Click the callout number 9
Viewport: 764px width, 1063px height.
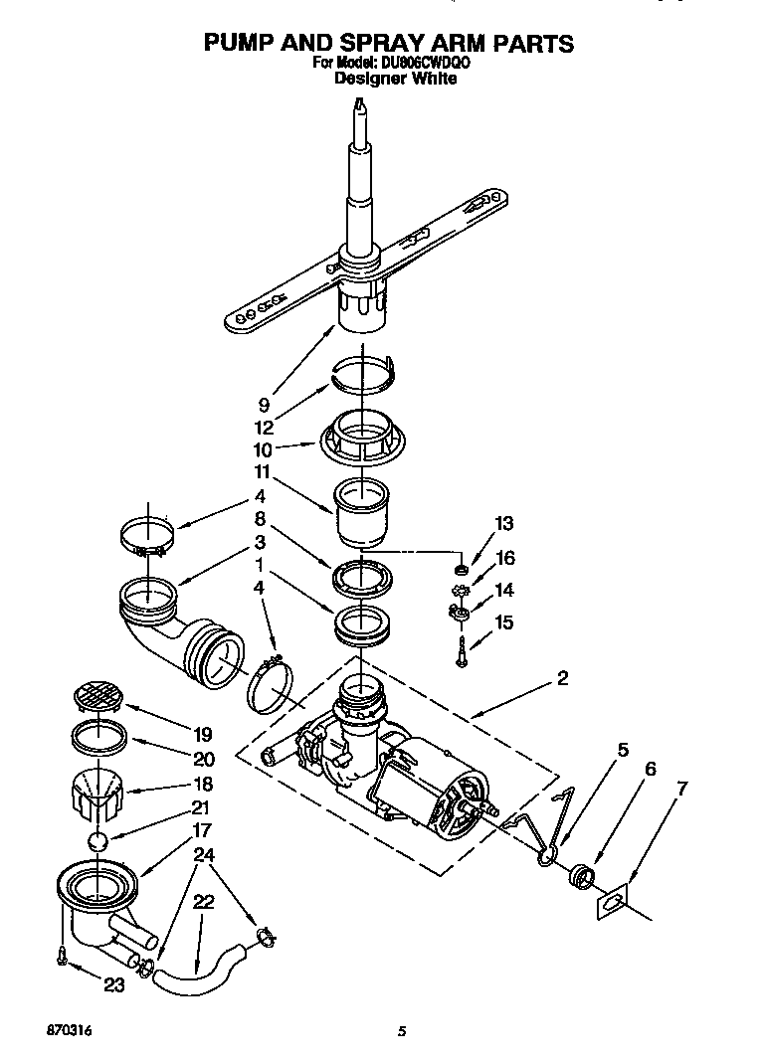[x=264, y=405]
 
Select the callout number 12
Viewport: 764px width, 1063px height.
[x=264, y=428]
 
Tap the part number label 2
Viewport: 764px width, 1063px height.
[x=563, y=678]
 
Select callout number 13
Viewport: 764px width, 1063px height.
[x=503, y=524]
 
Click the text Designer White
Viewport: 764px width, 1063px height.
[x=395, y=79]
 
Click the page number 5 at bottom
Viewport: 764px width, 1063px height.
[x=400, y=1032]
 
